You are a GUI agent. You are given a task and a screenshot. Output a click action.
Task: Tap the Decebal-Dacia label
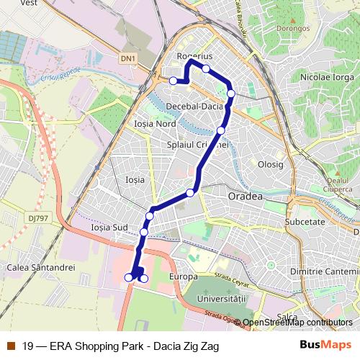194,106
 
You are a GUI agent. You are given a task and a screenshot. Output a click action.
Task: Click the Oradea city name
229,195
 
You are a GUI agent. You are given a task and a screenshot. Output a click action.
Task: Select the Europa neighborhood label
183,277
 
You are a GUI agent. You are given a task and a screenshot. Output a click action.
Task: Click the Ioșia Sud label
109,227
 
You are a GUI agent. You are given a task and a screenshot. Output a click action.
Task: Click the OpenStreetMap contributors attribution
298,323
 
